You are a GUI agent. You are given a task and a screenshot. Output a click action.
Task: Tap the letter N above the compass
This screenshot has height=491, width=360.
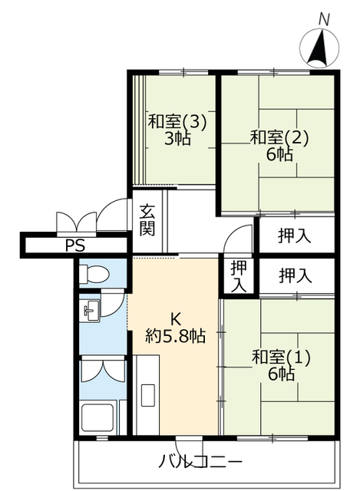click(324, 19)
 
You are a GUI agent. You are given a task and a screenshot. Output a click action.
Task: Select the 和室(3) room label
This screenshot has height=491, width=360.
click(177, 122)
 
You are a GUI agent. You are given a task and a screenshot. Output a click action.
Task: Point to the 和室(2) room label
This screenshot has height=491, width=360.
click(279, 138)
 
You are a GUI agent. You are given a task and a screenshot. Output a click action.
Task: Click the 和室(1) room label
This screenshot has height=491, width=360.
click(281, 357)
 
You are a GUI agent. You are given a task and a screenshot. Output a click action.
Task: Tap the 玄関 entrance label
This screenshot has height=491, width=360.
click(147, 219)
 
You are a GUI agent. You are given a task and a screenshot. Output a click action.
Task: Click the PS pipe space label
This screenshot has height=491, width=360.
click(75, 245)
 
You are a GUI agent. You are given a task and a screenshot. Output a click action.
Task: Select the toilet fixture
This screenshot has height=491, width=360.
click(94, 274)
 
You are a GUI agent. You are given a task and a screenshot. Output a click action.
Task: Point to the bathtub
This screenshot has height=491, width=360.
click(97, 418)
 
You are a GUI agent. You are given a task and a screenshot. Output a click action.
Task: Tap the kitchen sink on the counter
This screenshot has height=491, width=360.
click(148, 395)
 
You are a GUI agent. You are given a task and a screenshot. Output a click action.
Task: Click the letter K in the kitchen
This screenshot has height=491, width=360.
click(175, 319)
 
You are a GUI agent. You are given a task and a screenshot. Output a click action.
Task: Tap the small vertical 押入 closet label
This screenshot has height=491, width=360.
click(239, 276)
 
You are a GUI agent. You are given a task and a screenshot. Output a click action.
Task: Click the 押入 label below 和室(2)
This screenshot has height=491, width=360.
click(295, 236)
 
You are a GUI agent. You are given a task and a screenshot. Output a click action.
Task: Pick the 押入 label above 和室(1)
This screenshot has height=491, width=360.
click(296, 276)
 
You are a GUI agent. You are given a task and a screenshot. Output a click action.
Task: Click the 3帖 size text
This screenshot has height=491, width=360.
click(177, 138)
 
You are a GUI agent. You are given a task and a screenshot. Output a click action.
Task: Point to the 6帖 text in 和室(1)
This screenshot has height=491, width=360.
click(281, 374)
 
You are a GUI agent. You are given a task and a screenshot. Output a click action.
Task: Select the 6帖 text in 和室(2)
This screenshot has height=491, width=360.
click(279, 154)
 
